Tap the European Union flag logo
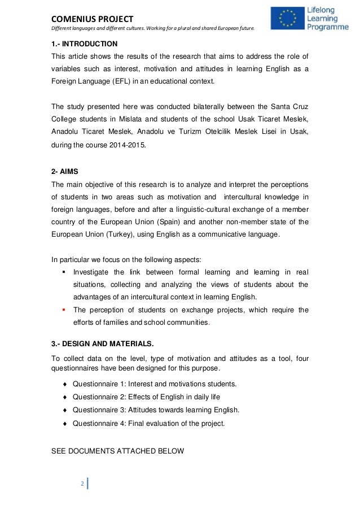click(287, 18)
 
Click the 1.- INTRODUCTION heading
click(85, 43)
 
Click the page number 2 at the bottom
click(82, 484)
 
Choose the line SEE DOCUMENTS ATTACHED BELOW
click(117, 451)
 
